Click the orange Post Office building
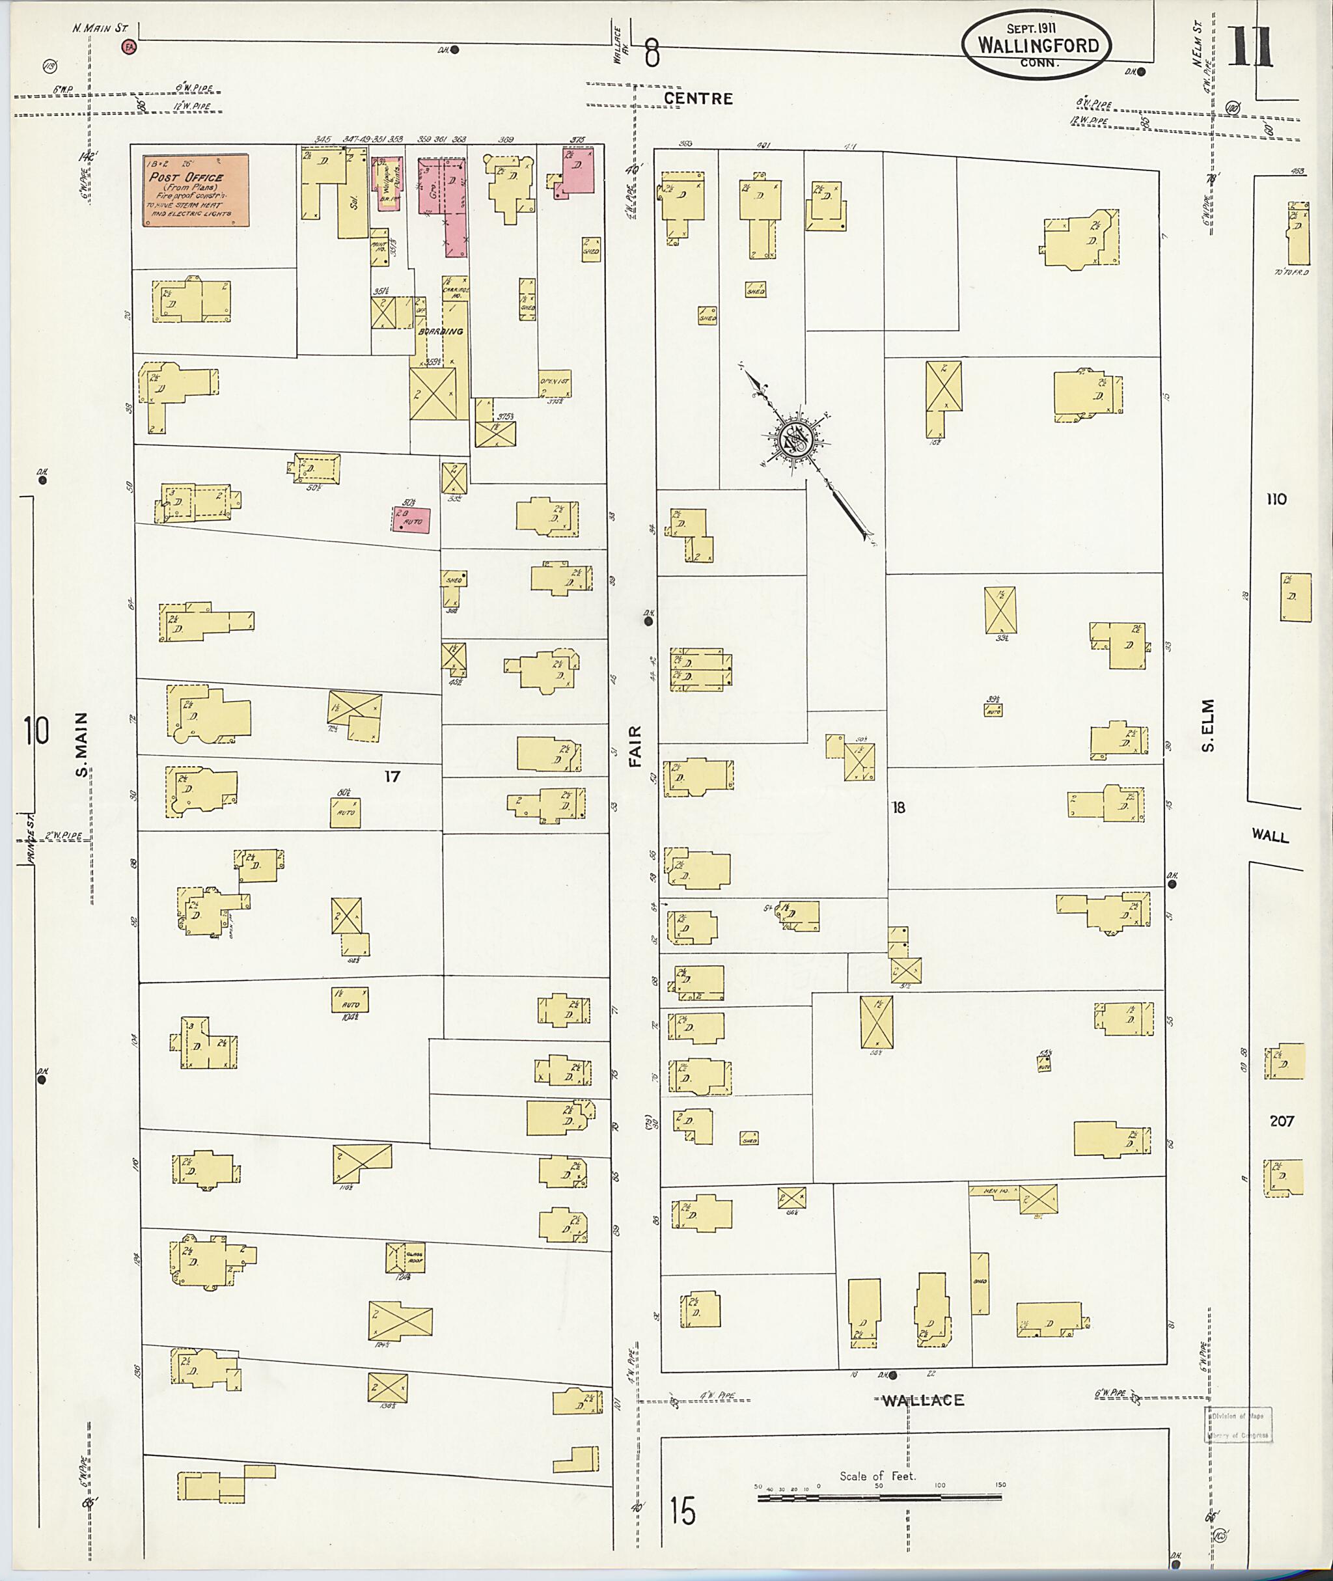click(x=196, y=191)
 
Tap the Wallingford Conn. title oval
click(x=1038, y=45)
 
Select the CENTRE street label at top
click(x=698, y=99)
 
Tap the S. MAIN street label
click(x=81, y=745)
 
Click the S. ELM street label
click(x=1207, y=726)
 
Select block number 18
click(x=898, y=807)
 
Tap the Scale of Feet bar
click(x=879, y=1496)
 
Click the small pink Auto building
click(x=412, y=520)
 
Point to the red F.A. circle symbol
click(x=130, y=47)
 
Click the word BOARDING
click(x=440, y=331)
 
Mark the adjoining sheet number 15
click(x=682, y=1511)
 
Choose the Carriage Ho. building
click(x=455, y=290)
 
